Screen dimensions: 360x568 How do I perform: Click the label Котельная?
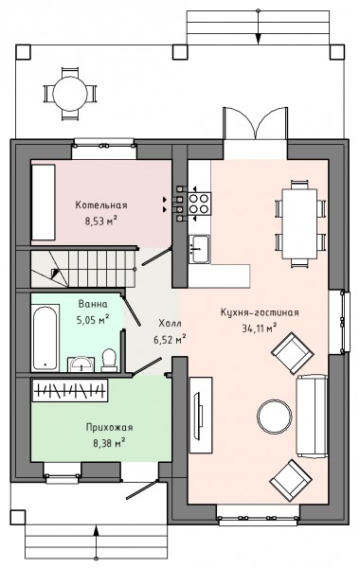pos(101,205)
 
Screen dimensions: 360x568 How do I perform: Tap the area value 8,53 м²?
pos(101,221)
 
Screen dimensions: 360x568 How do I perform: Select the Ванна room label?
pos(93,304)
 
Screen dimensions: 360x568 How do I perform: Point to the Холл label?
pos(170,323)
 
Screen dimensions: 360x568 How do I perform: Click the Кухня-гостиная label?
pos(260,312)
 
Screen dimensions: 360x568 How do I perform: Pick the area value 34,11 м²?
pos(260,328)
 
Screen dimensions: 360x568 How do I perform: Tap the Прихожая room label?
pos(109,428)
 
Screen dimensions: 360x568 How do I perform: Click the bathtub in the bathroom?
pos(45,338)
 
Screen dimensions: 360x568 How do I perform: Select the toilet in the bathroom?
pos(108,360)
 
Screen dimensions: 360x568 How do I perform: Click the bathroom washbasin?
pos(81,364)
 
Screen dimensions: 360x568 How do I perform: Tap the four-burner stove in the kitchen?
pos(199,204)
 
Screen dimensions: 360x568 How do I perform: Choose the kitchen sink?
pos(199,248)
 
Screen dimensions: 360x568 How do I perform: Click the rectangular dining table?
pos(299,223)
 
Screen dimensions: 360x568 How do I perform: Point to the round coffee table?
pos(275,417)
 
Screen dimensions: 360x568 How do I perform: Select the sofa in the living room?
pos(312,416)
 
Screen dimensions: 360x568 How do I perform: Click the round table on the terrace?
pos(69,94)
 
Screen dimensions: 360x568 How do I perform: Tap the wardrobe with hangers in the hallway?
pos(69,390)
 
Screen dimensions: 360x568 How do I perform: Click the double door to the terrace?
pos(255,123)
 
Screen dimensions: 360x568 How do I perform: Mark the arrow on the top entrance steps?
pos(258,27)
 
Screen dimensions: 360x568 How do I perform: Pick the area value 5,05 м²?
pos(93,320)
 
